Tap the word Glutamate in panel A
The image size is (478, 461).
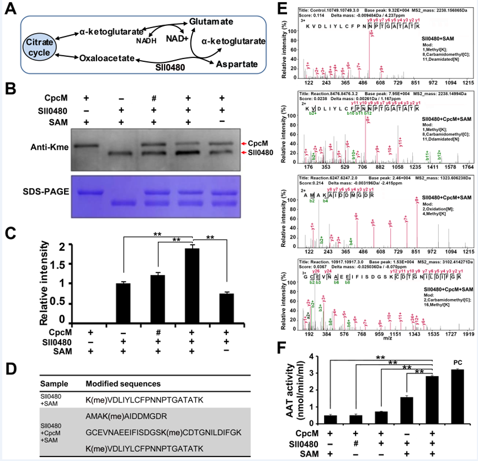tap(214, 20)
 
